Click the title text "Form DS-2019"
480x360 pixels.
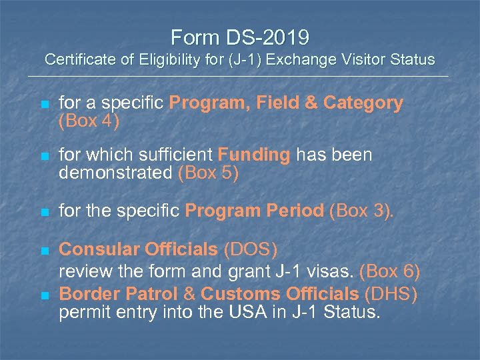(x=239, y=36)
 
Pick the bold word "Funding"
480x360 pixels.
(x=254, y=155)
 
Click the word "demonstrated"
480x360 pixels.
(x=116, y=173)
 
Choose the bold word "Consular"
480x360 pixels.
(x=100, y=250)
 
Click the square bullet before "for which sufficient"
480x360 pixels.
(x=44, y=156)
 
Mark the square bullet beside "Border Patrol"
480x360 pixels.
(x=44, y=294)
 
